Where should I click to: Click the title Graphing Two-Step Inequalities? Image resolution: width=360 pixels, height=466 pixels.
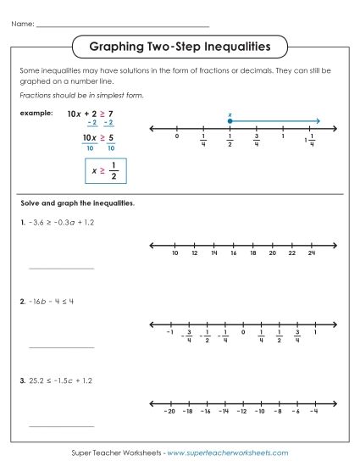pos(180,43)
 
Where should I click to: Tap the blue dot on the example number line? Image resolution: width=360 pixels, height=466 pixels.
pos(230,122)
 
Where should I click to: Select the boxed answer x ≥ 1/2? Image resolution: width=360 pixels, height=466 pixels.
pos(106,170)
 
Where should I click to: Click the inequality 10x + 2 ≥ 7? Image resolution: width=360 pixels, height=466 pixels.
pos(90,113)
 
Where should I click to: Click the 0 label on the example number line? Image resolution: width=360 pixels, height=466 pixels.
pos(176,136)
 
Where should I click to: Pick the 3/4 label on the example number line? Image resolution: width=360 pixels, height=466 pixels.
pos(256,139)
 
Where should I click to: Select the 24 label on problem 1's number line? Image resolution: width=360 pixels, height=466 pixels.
pos(312,253)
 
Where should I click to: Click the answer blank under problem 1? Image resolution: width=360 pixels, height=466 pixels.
pos(61,269)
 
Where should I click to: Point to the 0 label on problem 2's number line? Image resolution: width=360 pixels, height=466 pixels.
pos(243,332)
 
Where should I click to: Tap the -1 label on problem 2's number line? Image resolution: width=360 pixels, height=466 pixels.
pos(170,332)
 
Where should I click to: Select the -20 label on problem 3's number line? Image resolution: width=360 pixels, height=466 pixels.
pos(169,411)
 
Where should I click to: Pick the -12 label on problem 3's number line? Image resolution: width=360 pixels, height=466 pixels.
pos(241,411)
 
